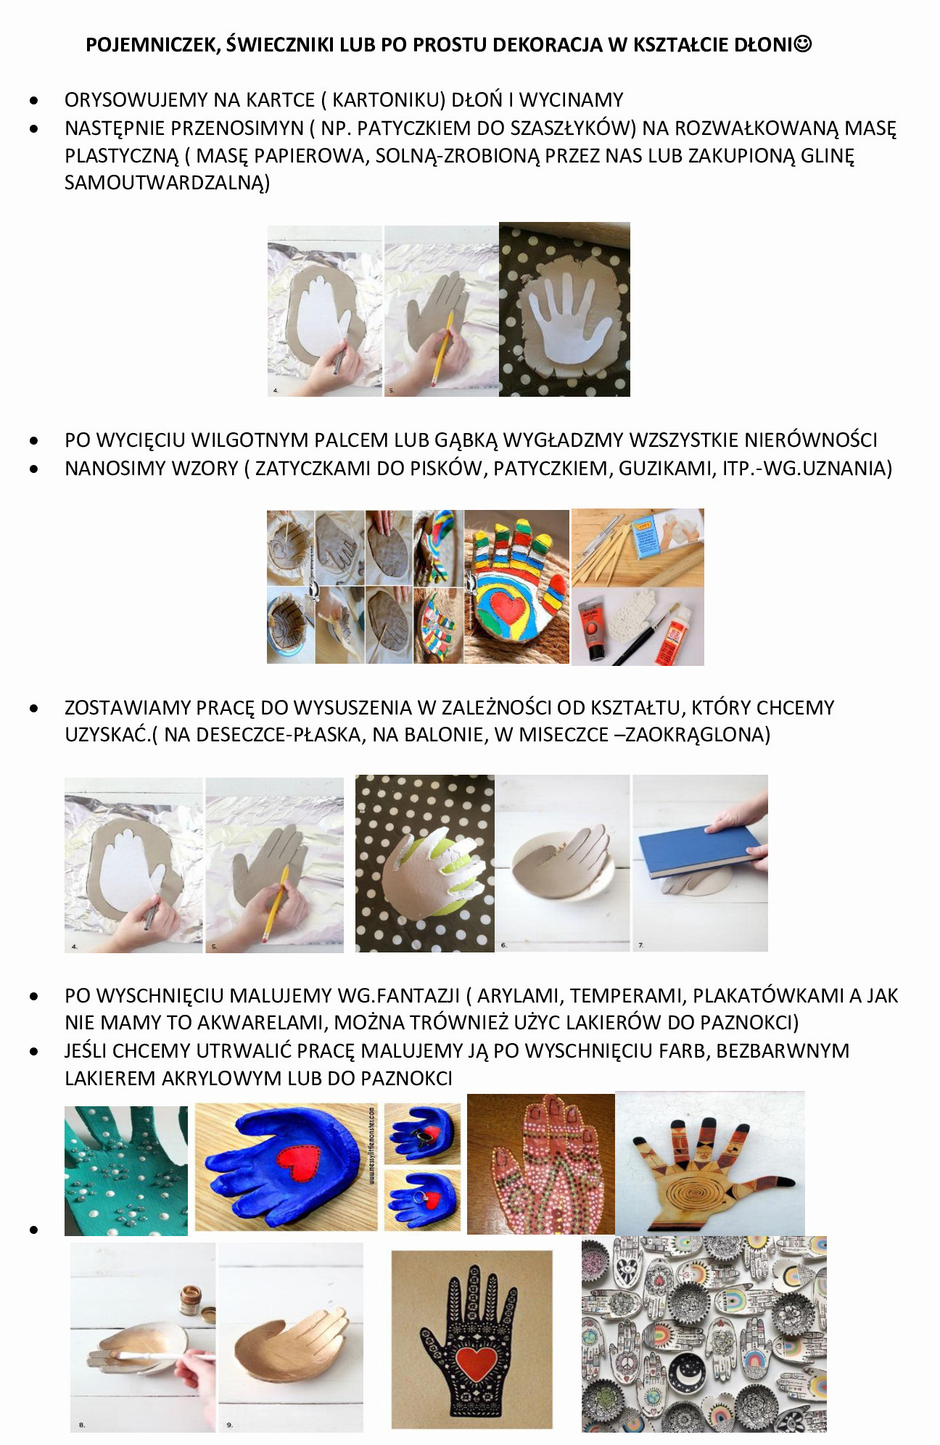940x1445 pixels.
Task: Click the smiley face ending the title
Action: [x=803, y=44]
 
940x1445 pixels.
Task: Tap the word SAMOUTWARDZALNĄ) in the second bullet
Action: [x=168, y=183]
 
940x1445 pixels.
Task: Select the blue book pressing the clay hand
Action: [x=697, y=849]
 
